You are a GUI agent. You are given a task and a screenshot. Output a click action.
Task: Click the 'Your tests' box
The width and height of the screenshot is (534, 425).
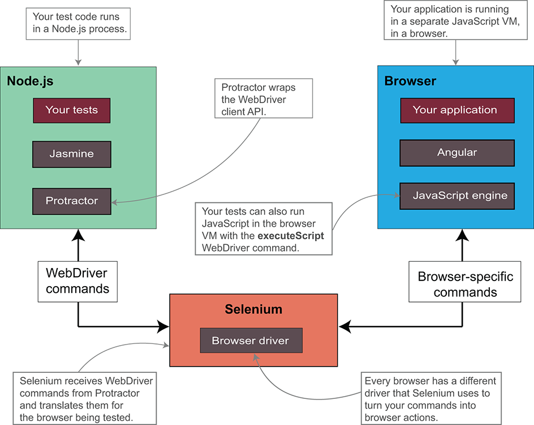coord(71,110)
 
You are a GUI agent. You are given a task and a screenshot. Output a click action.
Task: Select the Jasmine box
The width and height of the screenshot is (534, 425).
coord(71,154)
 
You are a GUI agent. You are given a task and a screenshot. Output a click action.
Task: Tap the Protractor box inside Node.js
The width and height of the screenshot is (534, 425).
coord(71,201)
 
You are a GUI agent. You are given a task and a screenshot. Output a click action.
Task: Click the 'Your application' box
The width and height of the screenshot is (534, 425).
coord(458,110)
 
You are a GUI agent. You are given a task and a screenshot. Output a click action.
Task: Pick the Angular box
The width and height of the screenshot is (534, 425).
coord(457,153)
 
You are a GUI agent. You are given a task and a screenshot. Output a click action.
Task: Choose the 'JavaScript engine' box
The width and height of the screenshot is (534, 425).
coord(457,196)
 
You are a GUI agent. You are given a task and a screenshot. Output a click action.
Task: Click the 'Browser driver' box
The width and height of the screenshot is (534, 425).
coord(251,341)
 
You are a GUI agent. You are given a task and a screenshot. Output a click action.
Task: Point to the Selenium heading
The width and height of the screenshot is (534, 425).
coord(253,309)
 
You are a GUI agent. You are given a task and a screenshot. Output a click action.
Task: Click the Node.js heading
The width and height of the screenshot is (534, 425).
coord(30,81)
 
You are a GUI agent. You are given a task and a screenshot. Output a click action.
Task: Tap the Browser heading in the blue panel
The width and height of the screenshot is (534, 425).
coord(410,81)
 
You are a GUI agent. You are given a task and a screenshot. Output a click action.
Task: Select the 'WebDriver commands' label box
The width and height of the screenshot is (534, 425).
coord(77,282)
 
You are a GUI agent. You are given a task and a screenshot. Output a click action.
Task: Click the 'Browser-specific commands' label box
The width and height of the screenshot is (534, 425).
coord(465,282)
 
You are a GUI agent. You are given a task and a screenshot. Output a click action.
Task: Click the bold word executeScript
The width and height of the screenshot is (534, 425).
coord(291,236)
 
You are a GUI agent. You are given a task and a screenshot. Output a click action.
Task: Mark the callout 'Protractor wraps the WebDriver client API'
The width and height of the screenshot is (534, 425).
coord(264,99)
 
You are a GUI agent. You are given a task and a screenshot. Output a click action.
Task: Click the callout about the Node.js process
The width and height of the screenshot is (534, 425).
coord(78,24)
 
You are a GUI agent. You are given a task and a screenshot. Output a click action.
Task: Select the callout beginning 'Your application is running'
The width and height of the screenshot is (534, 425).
coord(456,20)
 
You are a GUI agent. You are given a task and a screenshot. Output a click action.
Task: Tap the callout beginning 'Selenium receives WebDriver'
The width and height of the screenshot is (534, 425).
coord(84,398)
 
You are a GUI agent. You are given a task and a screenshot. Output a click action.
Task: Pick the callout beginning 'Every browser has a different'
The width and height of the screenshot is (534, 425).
coord(431,398)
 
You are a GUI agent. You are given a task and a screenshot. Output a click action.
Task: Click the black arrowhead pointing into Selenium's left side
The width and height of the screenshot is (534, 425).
coord(163,327)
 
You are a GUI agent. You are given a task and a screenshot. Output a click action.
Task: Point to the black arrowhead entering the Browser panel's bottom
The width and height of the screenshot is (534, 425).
coord(462,235)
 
